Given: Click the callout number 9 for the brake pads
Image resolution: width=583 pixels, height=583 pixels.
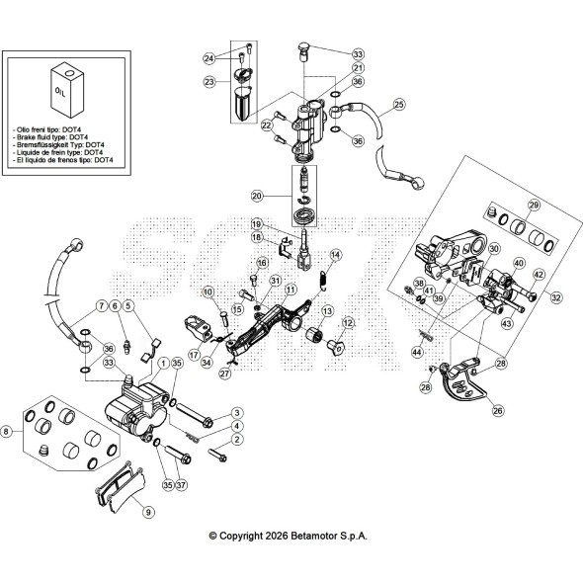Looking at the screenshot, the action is [148, 513].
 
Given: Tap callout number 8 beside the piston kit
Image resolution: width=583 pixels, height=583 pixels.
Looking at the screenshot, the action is [6, 432].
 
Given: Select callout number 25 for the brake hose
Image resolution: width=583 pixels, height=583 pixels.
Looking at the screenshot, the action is [399, 105].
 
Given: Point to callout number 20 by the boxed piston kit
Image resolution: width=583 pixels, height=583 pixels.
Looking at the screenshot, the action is [257, 196].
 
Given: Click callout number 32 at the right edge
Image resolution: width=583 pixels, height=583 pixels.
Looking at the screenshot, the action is [556, 297].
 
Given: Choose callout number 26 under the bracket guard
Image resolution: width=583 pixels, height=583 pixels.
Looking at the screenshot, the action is [498, 410].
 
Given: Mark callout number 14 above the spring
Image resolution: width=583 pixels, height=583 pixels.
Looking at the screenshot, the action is [335, 255].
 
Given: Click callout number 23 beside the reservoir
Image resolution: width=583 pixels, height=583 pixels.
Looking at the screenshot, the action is [209, 81].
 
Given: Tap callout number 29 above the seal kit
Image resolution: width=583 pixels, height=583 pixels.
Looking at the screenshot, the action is [534, 205].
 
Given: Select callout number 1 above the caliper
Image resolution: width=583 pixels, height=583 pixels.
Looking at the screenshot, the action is [163, 363].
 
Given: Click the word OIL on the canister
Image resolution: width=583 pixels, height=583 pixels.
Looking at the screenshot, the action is [60, 92].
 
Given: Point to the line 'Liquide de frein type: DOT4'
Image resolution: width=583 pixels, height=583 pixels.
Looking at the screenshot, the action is [57, 152].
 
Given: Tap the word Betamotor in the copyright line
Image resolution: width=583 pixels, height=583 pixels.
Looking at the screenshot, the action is [313, 536].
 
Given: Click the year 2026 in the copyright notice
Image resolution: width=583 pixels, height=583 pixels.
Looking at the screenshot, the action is [277, 536].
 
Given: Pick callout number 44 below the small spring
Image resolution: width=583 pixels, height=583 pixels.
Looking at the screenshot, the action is [418, 352].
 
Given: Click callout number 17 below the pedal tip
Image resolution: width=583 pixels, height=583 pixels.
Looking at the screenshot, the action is [194, 355].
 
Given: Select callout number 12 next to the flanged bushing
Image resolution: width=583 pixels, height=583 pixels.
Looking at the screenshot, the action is [348, 323].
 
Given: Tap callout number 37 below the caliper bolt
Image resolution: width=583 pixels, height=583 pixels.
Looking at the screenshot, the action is [181, 485].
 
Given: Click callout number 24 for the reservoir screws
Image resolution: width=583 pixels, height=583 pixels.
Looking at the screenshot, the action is [209, 58].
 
